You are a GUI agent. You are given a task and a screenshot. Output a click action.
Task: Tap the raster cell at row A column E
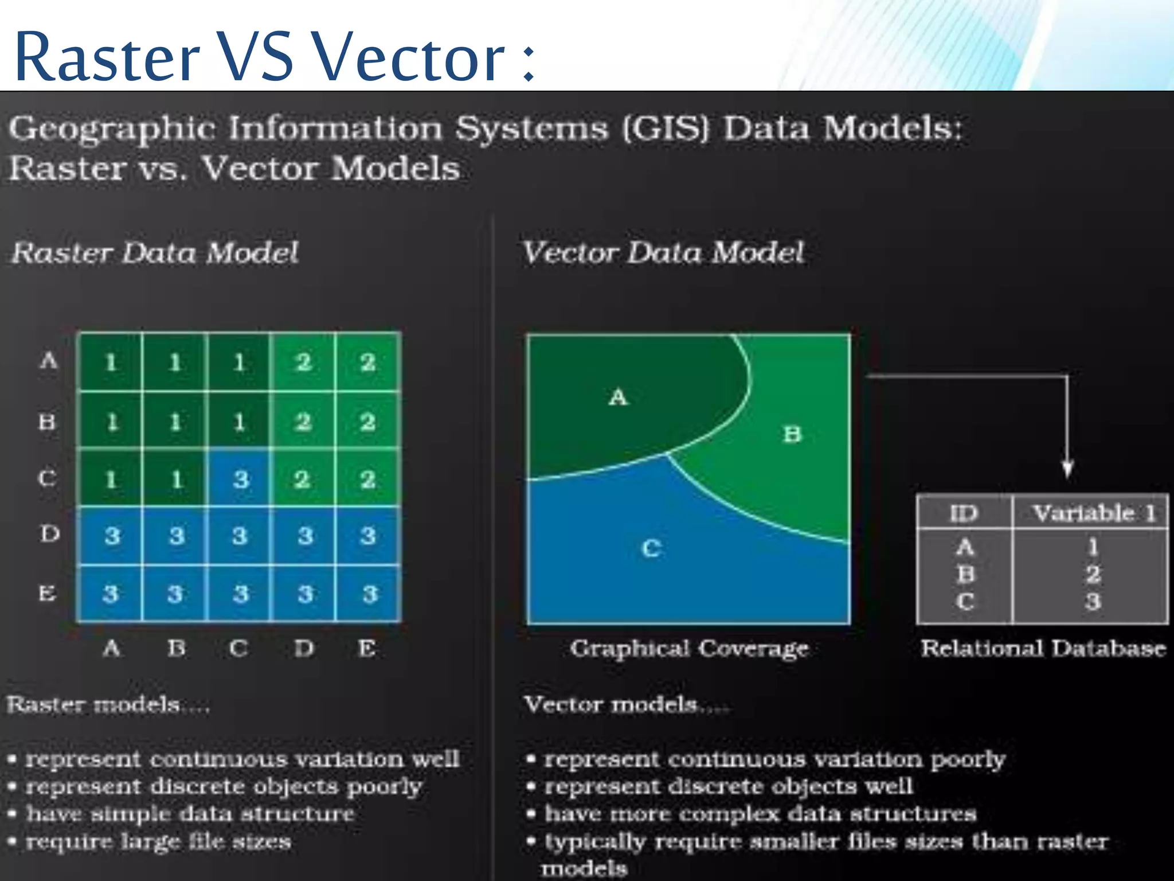pyautogui.click(x=367, y=362)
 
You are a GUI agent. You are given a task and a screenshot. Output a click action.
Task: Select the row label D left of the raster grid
pyautogui.click(x=49, y=534)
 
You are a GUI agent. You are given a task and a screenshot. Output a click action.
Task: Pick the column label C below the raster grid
pyautogui.click(x=238, y=649)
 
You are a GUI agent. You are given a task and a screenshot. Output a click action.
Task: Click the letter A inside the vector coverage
pyautogui.click(x=618, y=397)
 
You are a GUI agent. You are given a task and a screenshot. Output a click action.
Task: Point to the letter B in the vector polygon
pyautogui.click(x=792, y=434)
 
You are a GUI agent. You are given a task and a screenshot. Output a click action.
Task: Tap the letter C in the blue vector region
pyautogui.click(x=651, y=549)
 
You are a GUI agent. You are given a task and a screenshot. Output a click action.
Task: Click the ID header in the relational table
pyautogui.click(x=964, y=513)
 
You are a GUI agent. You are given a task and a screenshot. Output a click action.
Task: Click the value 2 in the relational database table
pyautogui.click(x=1093, y=574)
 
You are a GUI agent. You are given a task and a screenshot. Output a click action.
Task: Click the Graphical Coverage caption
pyautogui.click(x=689, y=649)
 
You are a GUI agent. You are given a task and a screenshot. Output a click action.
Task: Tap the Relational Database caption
pyautogui.click(x=1043, y=649)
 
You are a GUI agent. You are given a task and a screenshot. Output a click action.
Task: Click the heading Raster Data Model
pyautogui.click(x=155, y=253)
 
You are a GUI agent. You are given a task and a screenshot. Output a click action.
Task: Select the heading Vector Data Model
pyautogui.click(x=663, y=252)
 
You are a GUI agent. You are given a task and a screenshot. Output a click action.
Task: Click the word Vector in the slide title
pyautogui.click(x=409, y=57)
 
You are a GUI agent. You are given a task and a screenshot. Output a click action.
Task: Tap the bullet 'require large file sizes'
pyautogui.click(x=158, y=842)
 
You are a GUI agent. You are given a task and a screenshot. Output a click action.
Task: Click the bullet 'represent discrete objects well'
pyautogui.click(x=728, y=786)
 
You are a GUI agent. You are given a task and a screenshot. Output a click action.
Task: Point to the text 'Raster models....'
pyautogui.click(x=108, y=704)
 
